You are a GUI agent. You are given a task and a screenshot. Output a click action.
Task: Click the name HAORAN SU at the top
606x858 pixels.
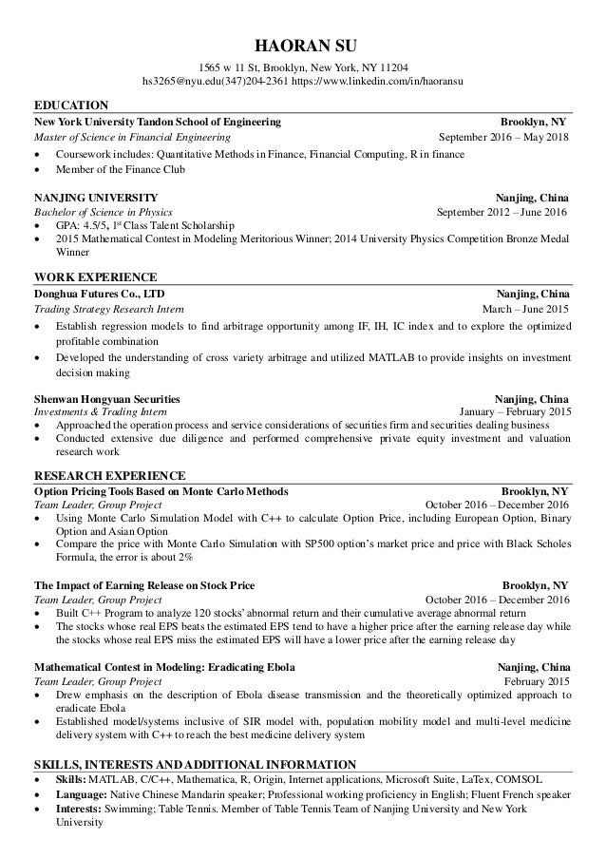click(302, 45)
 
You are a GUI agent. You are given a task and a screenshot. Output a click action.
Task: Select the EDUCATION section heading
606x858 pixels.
click(71, 105)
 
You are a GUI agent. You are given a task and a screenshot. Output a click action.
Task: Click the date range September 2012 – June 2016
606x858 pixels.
click(501, 212)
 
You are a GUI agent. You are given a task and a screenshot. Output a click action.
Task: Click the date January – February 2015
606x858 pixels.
click(514, 411)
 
